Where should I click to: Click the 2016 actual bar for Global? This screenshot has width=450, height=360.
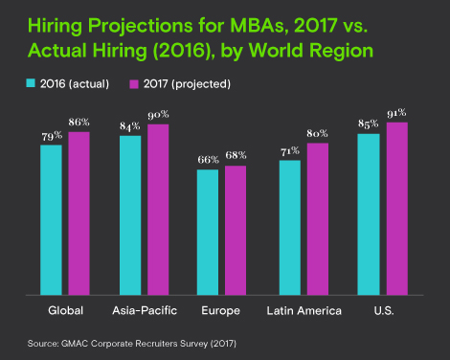point(51,219)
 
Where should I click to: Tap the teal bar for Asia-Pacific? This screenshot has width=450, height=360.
point(130,214)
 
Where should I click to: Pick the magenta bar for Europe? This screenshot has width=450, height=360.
point(235,230)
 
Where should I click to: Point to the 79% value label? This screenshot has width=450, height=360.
point(51,136)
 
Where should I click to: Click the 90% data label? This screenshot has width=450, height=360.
point(157,116)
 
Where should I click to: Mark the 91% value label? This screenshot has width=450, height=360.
point(396,114)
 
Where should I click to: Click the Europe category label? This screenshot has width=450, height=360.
point(221,311)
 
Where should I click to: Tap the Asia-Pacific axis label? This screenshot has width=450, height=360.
point(144,311)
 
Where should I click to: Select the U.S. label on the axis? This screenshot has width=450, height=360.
point(383,311)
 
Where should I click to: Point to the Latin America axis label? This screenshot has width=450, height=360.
point(303,311)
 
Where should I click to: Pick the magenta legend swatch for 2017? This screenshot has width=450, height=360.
point(134,84)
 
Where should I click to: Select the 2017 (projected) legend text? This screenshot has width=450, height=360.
point(188,84)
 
